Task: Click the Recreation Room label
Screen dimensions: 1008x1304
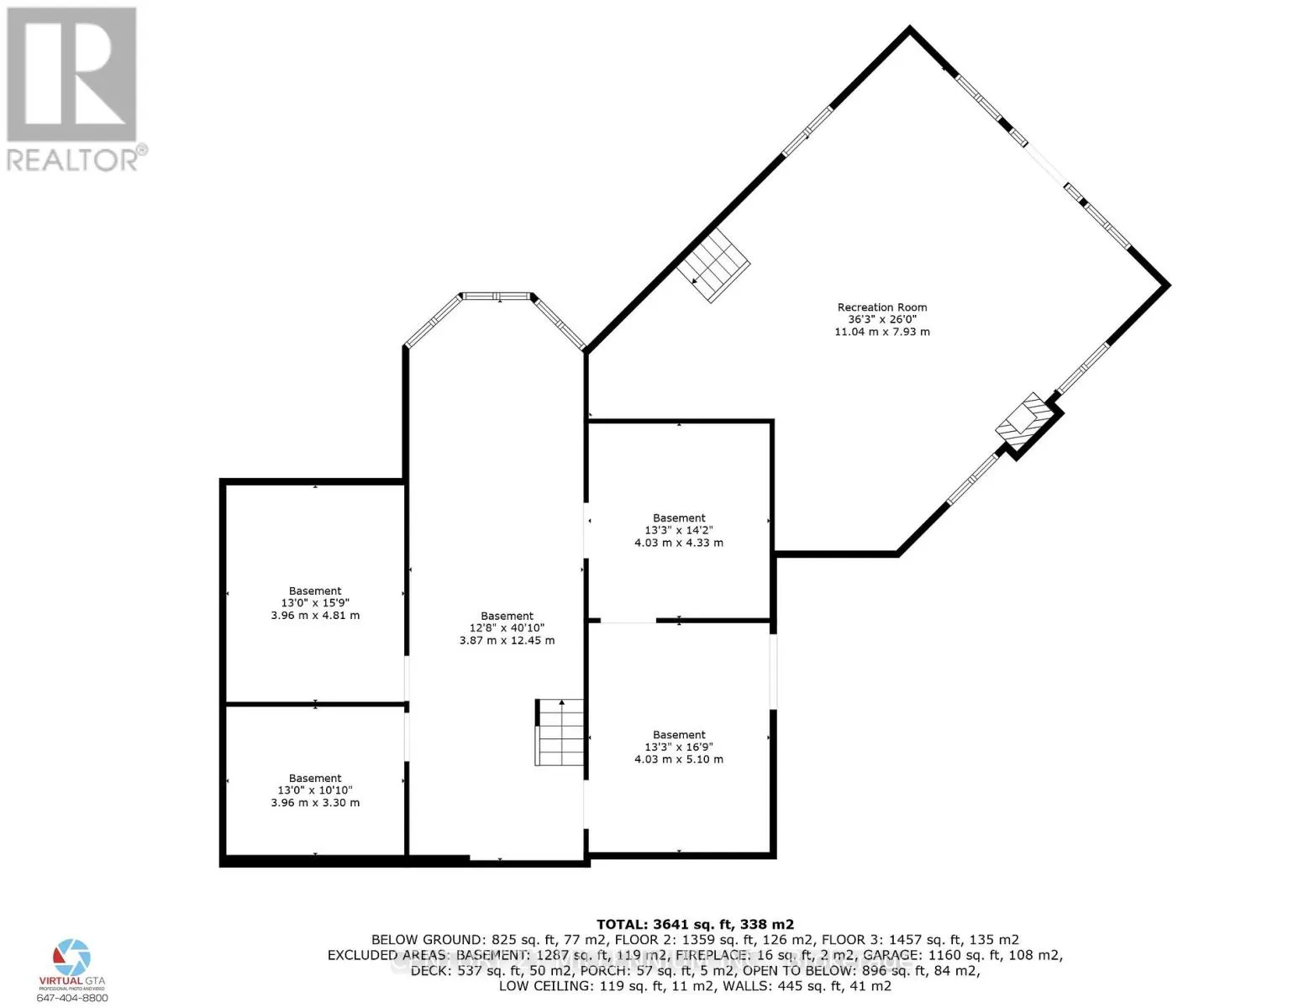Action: tap(881, 307)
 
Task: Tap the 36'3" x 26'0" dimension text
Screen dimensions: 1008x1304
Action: tap(881, 320)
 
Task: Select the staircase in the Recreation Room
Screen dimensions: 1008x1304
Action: tap(714, 264)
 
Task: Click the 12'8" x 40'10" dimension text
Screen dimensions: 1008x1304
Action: tap(507, 628)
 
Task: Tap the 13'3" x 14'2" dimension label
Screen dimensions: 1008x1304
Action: tap(679, 530)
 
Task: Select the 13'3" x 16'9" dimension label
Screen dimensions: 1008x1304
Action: tap(679, 747)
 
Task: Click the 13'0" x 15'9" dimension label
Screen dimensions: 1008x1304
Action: tap(315, 603)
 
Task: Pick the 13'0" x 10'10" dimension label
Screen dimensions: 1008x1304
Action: tap(315, 790)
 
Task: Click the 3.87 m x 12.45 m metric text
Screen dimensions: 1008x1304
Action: tap(507, 641)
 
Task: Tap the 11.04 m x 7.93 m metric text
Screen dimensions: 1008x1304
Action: tap(881, 332)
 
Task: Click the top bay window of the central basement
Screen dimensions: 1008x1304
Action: tap(497, 296)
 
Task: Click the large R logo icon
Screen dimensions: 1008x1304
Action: tap(71, 74)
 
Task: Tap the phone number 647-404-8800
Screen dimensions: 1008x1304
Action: tap(72, 998)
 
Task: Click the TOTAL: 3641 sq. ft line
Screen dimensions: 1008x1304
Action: tap(695, 924)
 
